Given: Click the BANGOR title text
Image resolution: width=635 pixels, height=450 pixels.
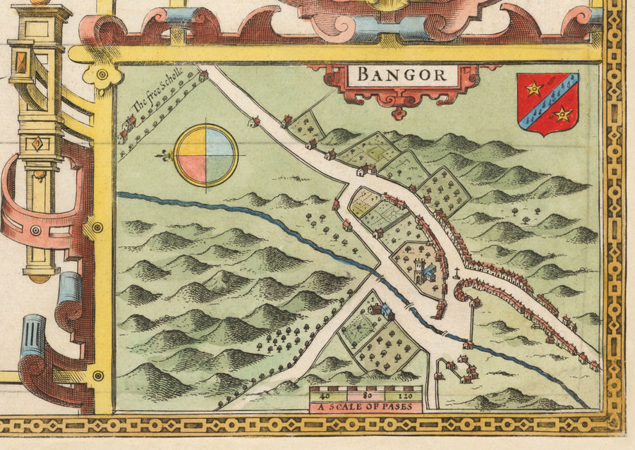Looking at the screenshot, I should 400,74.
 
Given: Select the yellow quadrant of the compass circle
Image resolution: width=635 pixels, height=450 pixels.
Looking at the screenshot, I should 191,142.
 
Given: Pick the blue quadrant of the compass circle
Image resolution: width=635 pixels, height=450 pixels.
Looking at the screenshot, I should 220,142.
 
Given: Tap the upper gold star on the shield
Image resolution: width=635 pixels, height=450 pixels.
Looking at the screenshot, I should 534,88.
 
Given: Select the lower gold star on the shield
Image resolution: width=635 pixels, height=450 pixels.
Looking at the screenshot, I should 562,113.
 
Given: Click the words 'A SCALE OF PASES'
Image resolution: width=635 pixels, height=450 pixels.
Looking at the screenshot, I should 365,407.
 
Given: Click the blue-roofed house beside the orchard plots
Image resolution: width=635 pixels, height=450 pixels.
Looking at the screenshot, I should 387,310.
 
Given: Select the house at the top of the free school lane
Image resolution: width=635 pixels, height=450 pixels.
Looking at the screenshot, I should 203,75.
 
